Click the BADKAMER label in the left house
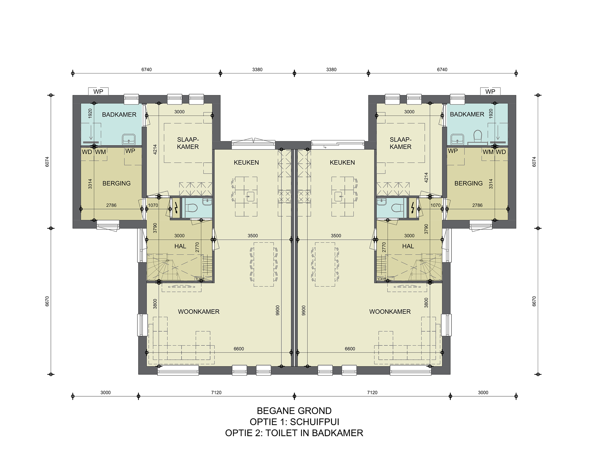[119, 115]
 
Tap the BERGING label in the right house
[468, 183]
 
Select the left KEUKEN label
[246, 163]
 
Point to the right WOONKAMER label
[390, 312]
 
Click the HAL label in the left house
[180, 246]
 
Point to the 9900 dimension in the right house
[303, 311]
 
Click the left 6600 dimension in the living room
[239, 349]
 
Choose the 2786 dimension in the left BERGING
[111, 205]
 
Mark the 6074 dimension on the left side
[47, 162]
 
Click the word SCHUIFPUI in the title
[315, 422]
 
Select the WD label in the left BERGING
[87, 152]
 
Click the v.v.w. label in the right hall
[382, 279]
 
